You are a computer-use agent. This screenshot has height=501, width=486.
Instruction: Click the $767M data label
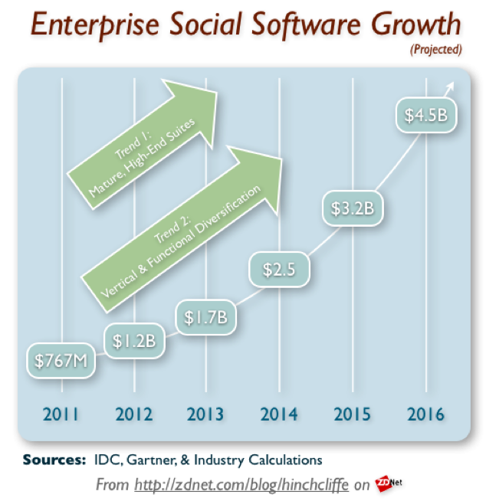point(61,361)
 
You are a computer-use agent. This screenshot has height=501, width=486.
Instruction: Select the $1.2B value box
point(135,341)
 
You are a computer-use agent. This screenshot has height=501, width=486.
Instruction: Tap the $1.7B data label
point(206,317)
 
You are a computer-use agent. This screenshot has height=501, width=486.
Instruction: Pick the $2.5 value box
point(279,270)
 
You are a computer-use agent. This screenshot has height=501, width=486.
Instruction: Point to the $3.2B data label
point(353,208)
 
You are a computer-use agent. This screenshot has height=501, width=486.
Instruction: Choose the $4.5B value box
point(426,115)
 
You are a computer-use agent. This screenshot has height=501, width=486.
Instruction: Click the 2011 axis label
point(61,414)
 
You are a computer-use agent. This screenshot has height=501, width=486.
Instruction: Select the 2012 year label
point(134,414)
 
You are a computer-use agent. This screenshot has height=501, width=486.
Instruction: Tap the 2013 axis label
point(205,414)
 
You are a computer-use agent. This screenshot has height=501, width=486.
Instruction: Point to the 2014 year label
point(279,414)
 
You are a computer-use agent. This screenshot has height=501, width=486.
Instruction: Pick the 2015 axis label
point(353,414)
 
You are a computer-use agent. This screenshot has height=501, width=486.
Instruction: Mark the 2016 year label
point(426,414)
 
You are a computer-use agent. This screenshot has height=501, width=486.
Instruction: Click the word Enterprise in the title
point(95,25)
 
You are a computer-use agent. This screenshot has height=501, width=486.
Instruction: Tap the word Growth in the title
point(416,24)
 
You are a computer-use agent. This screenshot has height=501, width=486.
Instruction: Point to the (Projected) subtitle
point(436,50)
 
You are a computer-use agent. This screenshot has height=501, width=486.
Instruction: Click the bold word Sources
point(54,460)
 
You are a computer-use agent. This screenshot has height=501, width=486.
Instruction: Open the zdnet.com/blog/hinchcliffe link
point(241,485)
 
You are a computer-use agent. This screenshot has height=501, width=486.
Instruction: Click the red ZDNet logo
point(388,483)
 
